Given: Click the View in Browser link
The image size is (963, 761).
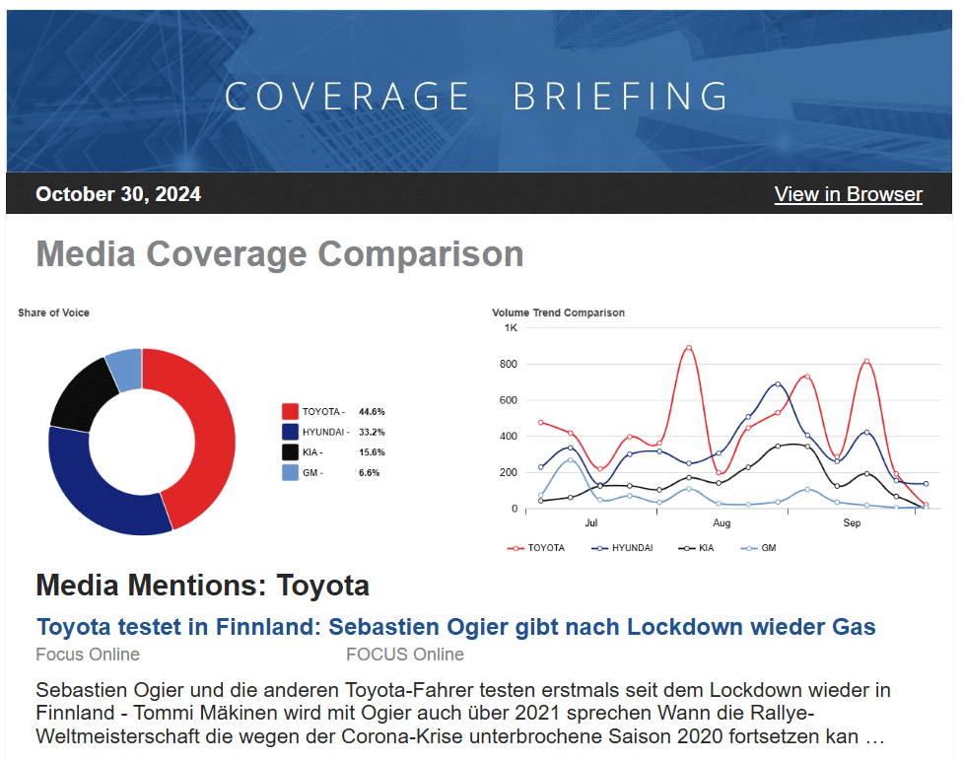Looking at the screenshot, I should (x=848, y=194).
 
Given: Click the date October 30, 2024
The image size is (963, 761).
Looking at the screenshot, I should (x=118, y=194).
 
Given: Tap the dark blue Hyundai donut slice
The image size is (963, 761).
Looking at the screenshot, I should (x=94, y=493).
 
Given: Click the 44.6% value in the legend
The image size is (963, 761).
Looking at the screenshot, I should (x=372, y=411).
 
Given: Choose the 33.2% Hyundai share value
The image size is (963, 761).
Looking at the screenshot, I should (x=372, y=432).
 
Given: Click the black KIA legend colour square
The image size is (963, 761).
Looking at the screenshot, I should (x=290, y=452).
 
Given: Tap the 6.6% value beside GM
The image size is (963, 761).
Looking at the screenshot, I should (x=369, y=473).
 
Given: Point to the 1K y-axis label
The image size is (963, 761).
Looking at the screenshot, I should (x=511, y=327).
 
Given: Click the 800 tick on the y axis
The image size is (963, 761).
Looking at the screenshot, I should (x=508, y=364).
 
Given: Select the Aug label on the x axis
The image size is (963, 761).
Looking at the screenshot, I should (x=722, y=523).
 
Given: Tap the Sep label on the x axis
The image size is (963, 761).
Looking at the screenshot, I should (x=852, y=523).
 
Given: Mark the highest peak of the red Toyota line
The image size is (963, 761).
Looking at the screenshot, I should (x=688, y=348).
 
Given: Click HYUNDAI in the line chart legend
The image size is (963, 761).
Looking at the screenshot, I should (x=631, y=548).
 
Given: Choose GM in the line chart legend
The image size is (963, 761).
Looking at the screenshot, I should (x=768, y=548).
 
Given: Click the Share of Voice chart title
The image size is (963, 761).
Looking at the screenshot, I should (x=53, y=312).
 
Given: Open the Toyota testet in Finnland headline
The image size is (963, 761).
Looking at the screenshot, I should (x=455, y=627).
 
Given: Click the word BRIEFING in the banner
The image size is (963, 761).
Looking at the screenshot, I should (x=621, y=97).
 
